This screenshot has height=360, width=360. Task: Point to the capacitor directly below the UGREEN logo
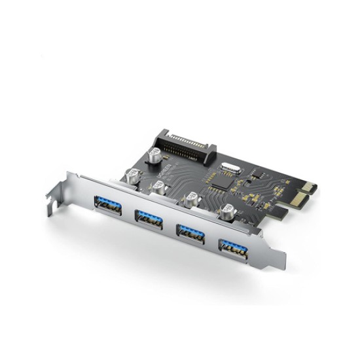pyautogui.click(x=159, y=189)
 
